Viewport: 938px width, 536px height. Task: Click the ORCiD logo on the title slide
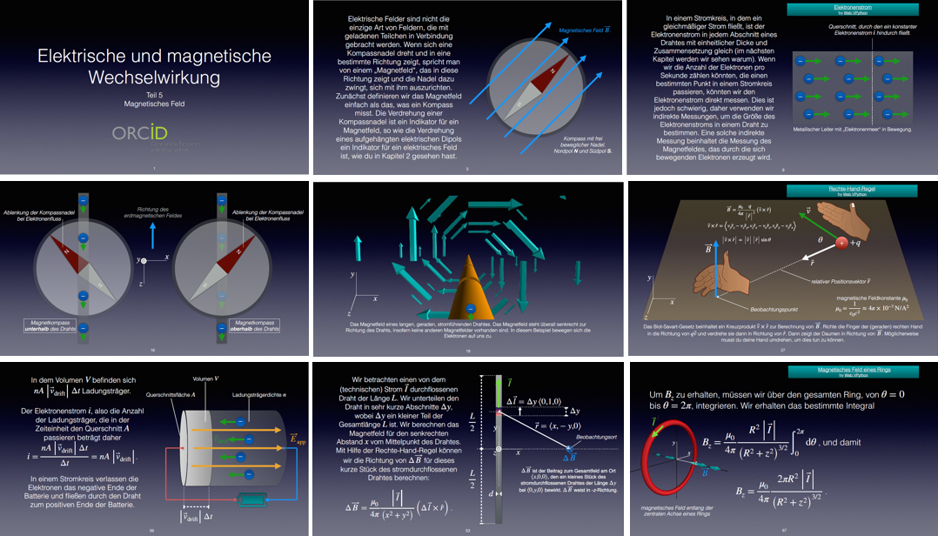(139, 133)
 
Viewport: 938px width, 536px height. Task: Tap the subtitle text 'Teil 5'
(154, 93)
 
